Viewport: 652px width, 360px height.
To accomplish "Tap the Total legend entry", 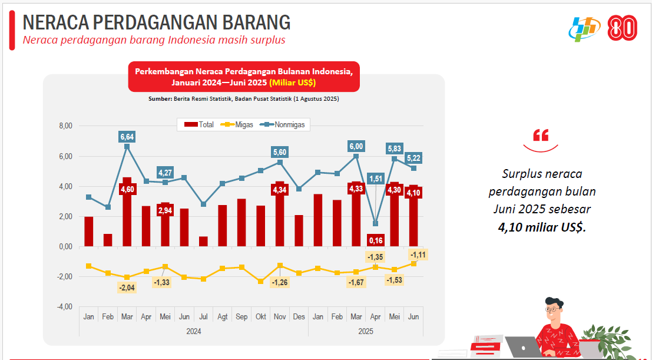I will point(200,125).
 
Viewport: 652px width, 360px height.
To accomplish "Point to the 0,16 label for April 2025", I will point(375,240).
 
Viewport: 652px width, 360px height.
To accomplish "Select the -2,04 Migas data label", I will point(127,288).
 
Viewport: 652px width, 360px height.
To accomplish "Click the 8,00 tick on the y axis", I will point(65,126).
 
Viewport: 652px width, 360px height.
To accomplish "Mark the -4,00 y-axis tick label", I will point(65,306).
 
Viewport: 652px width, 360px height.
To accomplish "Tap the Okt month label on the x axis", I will point(260,317).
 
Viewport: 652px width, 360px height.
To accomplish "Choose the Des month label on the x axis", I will point(299,317).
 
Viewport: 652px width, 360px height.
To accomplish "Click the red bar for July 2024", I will point(203,242).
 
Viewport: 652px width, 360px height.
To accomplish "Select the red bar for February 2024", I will point(108,240).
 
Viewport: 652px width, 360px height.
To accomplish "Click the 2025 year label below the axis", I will point(366,332).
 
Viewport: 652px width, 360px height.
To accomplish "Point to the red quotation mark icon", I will point(540,136).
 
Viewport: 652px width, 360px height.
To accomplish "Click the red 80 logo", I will point(621,28).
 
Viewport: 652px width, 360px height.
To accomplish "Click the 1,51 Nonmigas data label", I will point(375,179).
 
